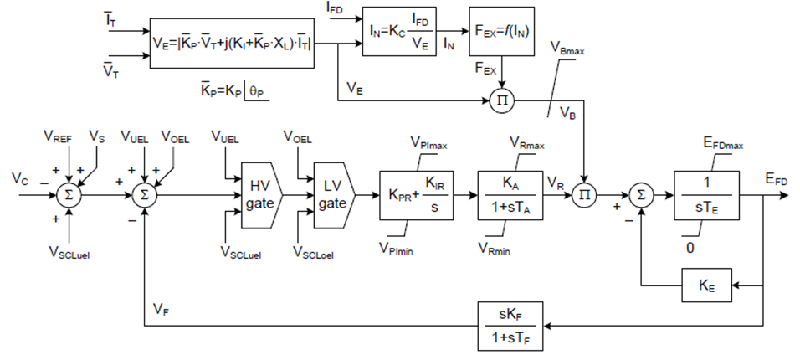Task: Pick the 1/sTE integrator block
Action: tap(707, 195)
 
